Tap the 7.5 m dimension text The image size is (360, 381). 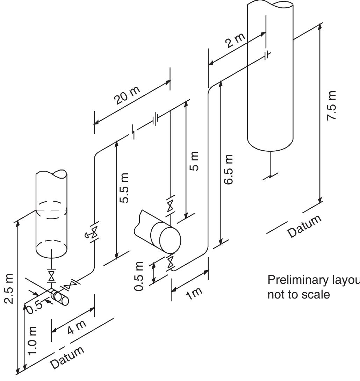coord(332,106)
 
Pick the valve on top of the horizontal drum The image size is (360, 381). coord(170,206)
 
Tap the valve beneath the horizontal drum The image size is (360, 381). coord(170,261)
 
